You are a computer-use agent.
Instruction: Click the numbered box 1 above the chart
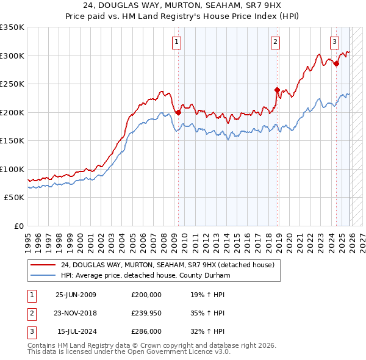point(176,42)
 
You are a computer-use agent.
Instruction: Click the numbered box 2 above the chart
point(275,42)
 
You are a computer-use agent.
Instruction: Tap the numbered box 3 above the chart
point(335,42)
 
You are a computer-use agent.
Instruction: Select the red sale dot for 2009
point(178,112)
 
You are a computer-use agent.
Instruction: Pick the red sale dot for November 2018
point(277,90)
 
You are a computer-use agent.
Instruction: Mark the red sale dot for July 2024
point(336,63)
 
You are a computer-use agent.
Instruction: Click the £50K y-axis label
point(13,198)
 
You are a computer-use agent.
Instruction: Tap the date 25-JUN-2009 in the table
point(76,295)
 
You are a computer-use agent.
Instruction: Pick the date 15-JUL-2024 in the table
point(76,333)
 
